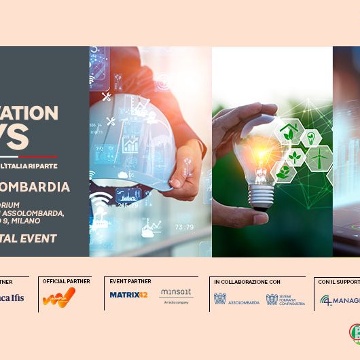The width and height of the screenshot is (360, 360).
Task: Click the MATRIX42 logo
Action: [x=128, y=294]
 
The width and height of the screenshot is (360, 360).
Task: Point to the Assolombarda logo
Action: [x=236, y=298]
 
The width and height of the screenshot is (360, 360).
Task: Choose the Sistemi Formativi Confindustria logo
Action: [x=286, y=298]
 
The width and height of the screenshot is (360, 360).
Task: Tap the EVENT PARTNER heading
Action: [x=130, y=281]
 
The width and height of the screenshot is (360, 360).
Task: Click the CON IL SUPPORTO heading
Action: [x=338, y=281]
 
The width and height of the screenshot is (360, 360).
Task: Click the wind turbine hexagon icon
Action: [x=317, y=157]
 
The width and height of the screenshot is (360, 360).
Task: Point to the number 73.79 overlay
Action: [x=185, y=226]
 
